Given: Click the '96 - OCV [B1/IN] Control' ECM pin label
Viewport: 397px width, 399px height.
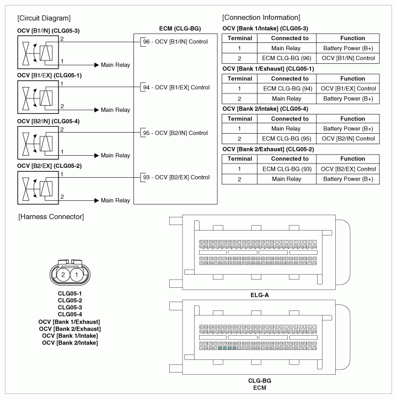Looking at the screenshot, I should (175, 42).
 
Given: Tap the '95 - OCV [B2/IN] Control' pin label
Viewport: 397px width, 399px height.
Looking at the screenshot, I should (175, 133).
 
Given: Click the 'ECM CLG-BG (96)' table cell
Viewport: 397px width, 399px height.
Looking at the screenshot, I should (290, 58).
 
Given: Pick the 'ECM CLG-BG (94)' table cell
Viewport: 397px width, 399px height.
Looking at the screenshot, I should (290, 88).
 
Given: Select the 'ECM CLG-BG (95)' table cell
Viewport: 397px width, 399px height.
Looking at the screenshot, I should (290, 139).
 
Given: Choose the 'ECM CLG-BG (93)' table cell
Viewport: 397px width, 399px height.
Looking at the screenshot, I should (290, 169).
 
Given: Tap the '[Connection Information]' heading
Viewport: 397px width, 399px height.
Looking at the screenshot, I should (261, 18).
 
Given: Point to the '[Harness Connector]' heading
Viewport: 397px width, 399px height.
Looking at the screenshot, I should (51, 217).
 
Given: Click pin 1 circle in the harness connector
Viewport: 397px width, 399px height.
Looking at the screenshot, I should (78, 275).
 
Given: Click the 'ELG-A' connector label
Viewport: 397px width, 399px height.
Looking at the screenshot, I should (259, 295).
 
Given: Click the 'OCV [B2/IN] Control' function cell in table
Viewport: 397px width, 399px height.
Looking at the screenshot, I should (349, 139).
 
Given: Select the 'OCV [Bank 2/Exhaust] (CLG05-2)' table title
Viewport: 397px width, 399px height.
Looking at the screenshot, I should (269, 149).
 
